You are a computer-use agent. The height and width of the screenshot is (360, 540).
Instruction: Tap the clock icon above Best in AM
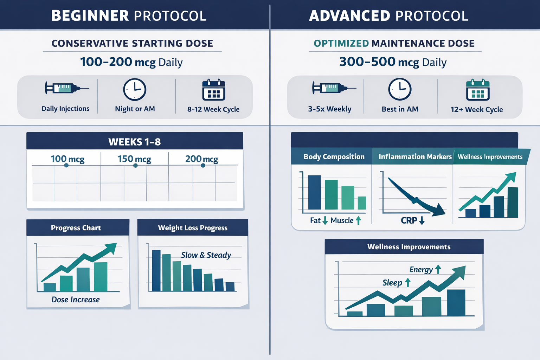(x=400, y=89)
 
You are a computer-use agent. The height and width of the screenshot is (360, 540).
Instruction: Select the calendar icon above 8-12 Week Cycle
(x=214, y=90)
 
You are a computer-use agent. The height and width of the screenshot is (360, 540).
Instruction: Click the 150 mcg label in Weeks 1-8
(x=134, y=159)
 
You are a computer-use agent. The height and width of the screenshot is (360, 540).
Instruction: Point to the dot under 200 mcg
(x=203, y=165)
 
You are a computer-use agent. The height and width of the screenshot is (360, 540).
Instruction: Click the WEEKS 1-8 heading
(x=135, y=142)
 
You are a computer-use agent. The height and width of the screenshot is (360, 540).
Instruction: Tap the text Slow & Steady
(x=206, y=255)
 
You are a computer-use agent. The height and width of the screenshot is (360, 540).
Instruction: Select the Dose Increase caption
(x=76, y=300)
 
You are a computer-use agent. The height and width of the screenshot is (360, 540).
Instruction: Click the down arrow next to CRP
(x=422, y=220)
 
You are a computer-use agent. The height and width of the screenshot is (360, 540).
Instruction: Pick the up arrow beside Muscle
(x=358, y=220)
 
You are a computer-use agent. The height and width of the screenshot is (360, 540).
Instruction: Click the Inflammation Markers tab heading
(x=415, y=157)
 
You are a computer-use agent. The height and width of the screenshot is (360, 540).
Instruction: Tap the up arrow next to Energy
(x=438, y=269)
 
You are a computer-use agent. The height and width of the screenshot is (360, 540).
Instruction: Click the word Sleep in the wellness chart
(x=392, y=283)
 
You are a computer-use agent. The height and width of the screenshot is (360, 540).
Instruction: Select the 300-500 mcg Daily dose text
(x=393, y=62)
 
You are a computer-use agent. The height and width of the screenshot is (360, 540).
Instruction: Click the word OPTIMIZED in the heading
(x=341, y=43)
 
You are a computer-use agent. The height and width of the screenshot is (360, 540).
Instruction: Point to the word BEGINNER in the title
(x=90, y=16)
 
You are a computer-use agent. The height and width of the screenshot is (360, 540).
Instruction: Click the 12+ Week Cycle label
(x=476, y=109)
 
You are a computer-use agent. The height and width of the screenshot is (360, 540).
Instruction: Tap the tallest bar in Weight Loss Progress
(x=156, y=270)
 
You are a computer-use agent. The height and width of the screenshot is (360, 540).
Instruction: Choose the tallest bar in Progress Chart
(x=101, y=277)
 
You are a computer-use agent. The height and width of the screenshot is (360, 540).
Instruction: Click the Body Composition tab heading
(x=334, y=157)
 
